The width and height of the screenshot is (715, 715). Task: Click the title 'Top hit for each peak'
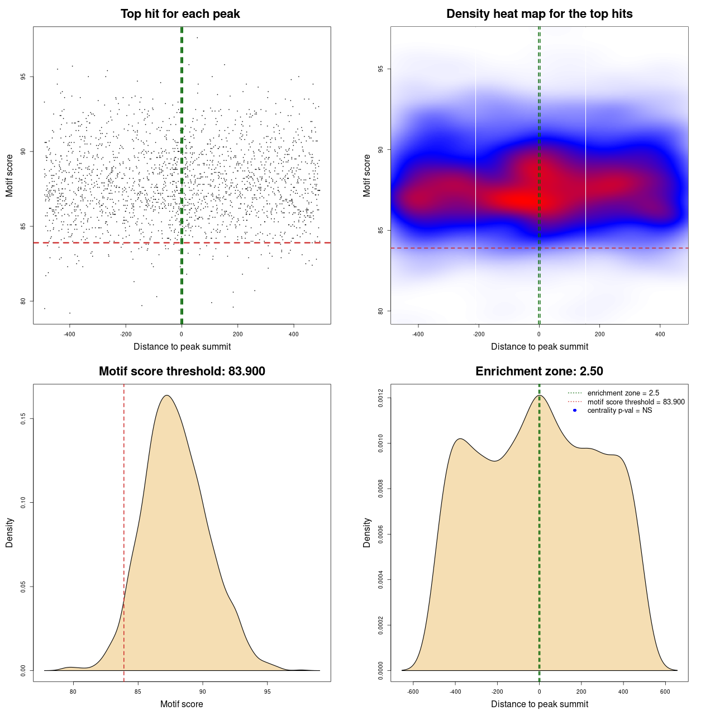tap(180, 14)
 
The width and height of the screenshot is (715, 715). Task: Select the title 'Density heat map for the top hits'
tap(539, 14)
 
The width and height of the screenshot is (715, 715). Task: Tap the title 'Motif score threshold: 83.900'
tap(182, 371)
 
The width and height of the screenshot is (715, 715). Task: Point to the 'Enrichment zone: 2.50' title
tap(539, 371)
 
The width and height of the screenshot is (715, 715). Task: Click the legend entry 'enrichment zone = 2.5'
tap(623, 393)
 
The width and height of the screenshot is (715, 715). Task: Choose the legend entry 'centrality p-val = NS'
tap(619, 411)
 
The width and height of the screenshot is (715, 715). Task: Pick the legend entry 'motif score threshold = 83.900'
tap(636, 402)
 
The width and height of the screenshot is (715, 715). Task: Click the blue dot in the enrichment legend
tap(575, 411)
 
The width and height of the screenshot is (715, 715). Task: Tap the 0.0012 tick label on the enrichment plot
tap(382, 398)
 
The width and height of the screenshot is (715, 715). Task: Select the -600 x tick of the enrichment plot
tap(413, 692)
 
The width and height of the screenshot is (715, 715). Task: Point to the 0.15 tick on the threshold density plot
tap(23, 419)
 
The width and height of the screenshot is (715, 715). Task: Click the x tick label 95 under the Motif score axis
tap(268, 692)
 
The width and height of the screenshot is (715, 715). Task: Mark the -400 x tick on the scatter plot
tap(69, 334)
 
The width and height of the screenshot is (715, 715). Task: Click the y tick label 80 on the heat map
tap(381, 311)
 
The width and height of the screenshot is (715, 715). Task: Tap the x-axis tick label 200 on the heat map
tap(599, 334)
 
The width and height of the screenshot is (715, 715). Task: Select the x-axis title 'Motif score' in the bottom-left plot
tap(182, 704)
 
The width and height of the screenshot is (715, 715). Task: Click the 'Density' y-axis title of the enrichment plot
tap(367, 532)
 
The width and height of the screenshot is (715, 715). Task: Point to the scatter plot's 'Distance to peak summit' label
tap(182, 346)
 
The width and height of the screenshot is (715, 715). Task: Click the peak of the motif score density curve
tap(166, 395)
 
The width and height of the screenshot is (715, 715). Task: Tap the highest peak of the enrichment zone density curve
tap(539, 395)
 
